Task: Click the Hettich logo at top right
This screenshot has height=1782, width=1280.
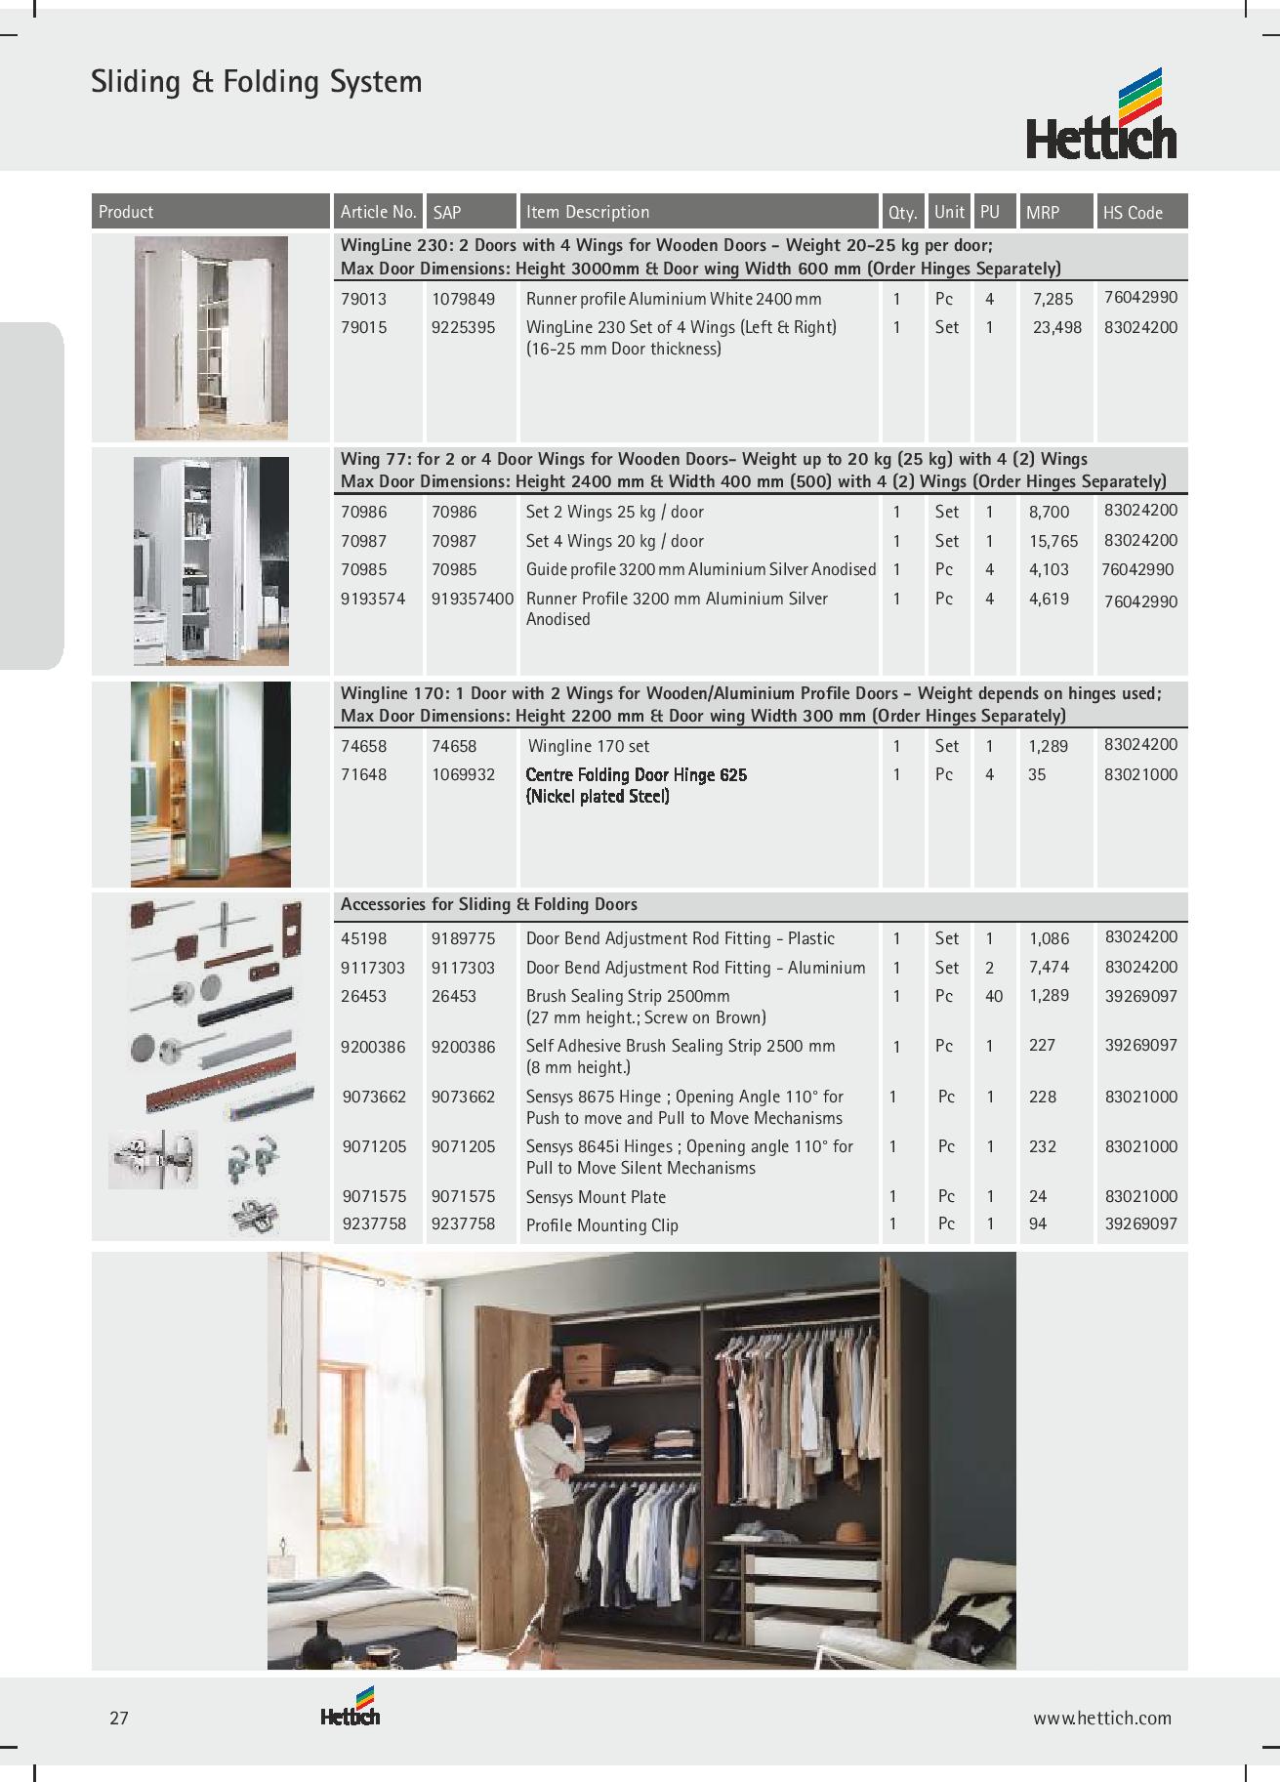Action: [x=1101, y=114]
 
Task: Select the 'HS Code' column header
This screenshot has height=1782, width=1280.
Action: [x=1133, y=212]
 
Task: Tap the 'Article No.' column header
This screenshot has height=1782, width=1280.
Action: [x=378, y=212]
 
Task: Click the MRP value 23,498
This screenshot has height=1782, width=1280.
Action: [x=1056, y=328]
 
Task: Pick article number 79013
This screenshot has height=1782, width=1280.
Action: [x=363, y=299]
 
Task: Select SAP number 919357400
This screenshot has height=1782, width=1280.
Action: [x=472, y=599]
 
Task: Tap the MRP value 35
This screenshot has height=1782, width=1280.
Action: [x=1037, y=775]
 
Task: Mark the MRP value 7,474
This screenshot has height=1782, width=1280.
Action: [x=1049, y=968]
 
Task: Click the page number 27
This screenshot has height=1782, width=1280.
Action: [x=119, y=1718]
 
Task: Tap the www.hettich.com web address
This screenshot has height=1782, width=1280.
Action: [x=1102, y=1718]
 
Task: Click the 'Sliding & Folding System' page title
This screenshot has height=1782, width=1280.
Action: [x=257, y=82]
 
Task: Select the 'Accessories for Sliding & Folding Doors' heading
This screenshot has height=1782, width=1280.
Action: [x=488, y=905]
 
